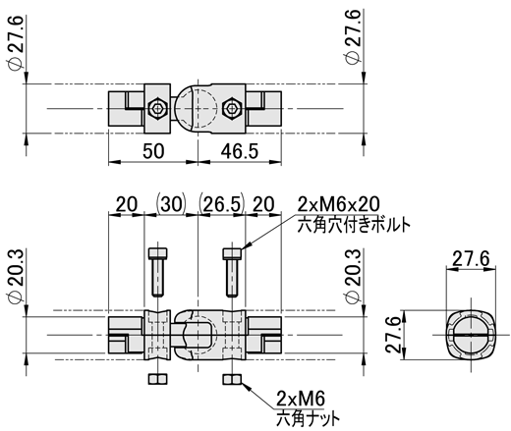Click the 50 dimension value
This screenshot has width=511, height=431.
[153, 151]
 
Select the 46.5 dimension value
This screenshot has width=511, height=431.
[240, 151]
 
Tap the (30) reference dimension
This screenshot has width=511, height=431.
[171, 204]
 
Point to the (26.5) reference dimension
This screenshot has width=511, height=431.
[222, 204]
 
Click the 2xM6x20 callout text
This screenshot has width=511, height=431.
[339, 204]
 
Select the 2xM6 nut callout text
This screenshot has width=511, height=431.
[301, 399]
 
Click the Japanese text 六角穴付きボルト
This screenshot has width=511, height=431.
[354, 225]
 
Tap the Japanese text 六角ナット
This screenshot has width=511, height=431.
[308, 418]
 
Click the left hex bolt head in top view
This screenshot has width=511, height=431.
[158, 108]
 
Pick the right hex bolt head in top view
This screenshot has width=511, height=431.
[232, 108]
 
